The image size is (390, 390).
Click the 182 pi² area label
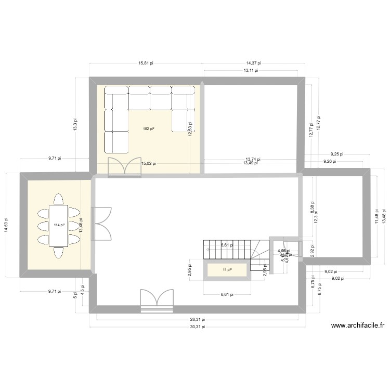coord(148,128)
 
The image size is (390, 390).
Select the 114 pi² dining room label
coord(59,225)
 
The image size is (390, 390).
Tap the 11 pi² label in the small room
coord(227,270)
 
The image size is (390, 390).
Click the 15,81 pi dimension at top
coord(146,63)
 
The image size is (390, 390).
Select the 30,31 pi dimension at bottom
coord(198,327)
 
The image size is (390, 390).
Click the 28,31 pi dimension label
coord(198,320)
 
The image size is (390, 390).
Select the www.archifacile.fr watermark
coord(357,326)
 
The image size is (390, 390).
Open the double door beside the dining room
coord(101,224)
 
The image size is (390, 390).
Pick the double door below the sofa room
coord(124,167)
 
